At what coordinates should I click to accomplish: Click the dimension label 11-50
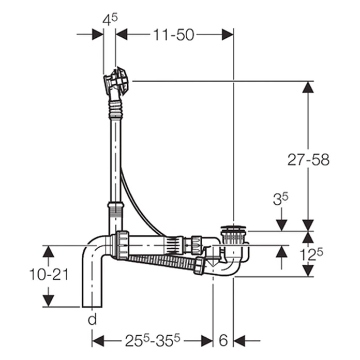point(174,35)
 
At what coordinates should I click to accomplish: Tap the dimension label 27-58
point(308,159)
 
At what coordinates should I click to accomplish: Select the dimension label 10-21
point(49,275)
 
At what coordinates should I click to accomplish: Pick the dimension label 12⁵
point(311,254)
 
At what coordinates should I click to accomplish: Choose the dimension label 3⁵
point(280,199)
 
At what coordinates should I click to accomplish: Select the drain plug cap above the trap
point(233,229)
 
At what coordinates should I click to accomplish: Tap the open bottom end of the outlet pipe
point(92,307)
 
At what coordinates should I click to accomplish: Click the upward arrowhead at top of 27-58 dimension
point(308,87)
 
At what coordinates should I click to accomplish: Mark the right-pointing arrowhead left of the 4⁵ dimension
point(98,35)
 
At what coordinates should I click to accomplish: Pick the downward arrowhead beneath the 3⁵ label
point(281,225)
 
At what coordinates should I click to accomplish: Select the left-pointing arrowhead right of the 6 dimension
point(239,340)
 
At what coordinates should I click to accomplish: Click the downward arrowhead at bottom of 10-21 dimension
point(49,301)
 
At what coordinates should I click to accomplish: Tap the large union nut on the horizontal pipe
point(122,245)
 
